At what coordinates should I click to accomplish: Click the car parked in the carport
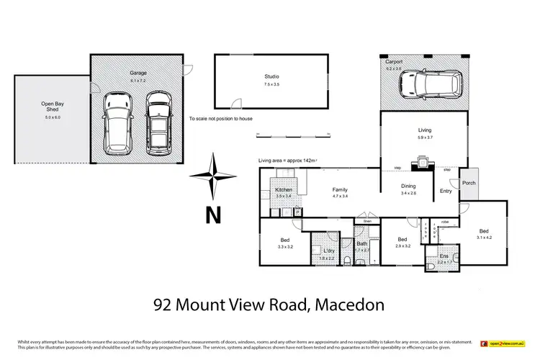[428, 84]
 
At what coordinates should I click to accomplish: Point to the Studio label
[271, 76]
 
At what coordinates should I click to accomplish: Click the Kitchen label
[284, 189]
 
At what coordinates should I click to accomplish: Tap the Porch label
[469, 183]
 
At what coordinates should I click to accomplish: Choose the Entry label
[446, 191]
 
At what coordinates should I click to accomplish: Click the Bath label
[361, 244]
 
